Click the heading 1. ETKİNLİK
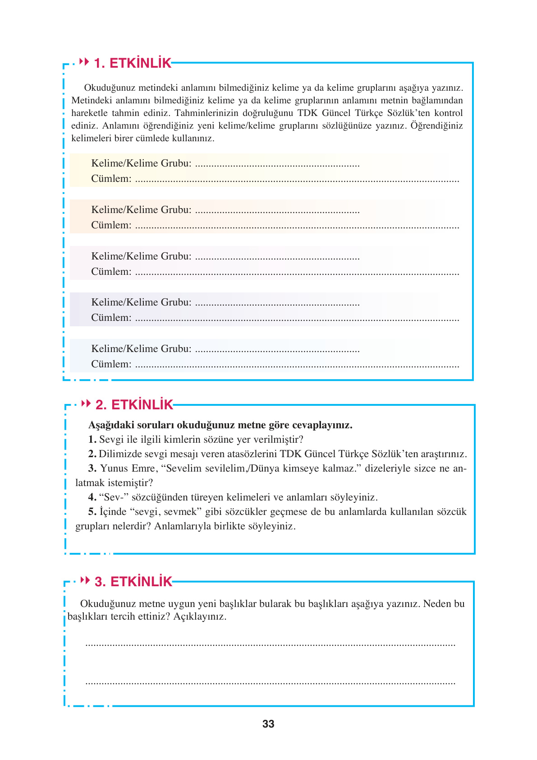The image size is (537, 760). coord(133,63)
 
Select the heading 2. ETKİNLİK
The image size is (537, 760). coord(134,405)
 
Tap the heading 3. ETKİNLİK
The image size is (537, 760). coord(133,582)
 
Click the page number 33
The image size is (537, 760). coord(268,724)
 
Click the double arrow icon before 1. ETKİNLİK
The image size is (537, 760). coord(84,62)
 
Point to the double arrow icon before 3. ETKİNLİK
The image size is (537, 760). coord(85,580)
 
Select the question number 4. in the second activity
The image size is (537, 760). coord(92,497)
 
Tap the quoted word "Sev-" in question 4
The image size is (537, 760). coord(114,497)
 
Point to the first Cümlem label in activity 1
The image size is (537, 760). coord(111,179)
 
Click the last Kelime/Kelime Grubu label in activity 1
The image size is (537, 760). coord(141,349)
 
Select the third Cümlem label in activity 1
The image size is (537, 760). coord(111,272)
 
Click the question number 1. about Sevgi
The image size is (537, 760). coord(92,440)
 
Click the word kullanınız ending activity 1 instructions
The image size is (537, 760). coord(192,139)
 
